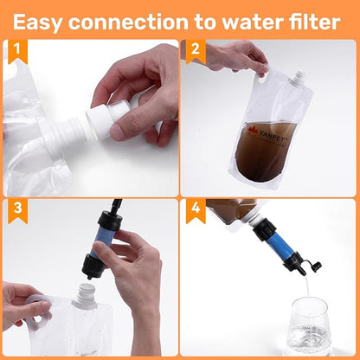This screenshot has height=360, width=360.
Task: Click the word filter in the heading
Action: coord(315,22)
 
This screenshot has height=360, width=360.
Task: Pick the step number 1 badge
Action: coord(18,51)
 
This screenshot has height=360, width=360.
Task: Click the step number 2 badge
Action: coord(196,51)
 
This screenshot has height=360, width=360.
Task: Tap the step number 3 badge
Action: coord(18,210)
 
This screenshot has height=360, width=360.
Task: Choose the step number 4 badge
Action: coord(196,210)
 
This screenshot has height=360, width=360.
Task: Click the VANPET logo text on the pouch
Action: coord(268,132)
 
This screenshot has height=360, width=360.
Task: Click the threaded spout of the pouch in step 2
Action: coord(297,77)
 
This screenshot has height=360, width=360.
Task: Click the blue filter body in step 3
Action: coord(101,241)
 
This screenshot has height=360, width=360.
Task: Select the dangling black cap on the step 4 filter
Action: coord(315,266)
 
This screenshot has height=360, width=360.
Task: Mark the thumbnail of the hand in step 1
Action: coord(116,131)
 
